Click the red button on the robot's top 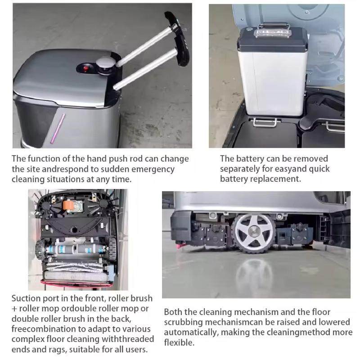pyautogui.click(x=86, y=69)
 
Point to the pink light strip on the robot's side pyautogui.click(x=58, y=129)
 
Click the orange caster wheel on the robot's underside pyautogui.click(x=69, y=205)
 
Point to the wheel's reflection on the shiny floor pyautogui.click(x=254, y=274)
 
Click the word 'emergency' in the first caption pyautogui.click(x=151, y=169)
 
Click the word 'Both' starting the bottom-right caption pyautogui.click(x=173, y=312)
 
